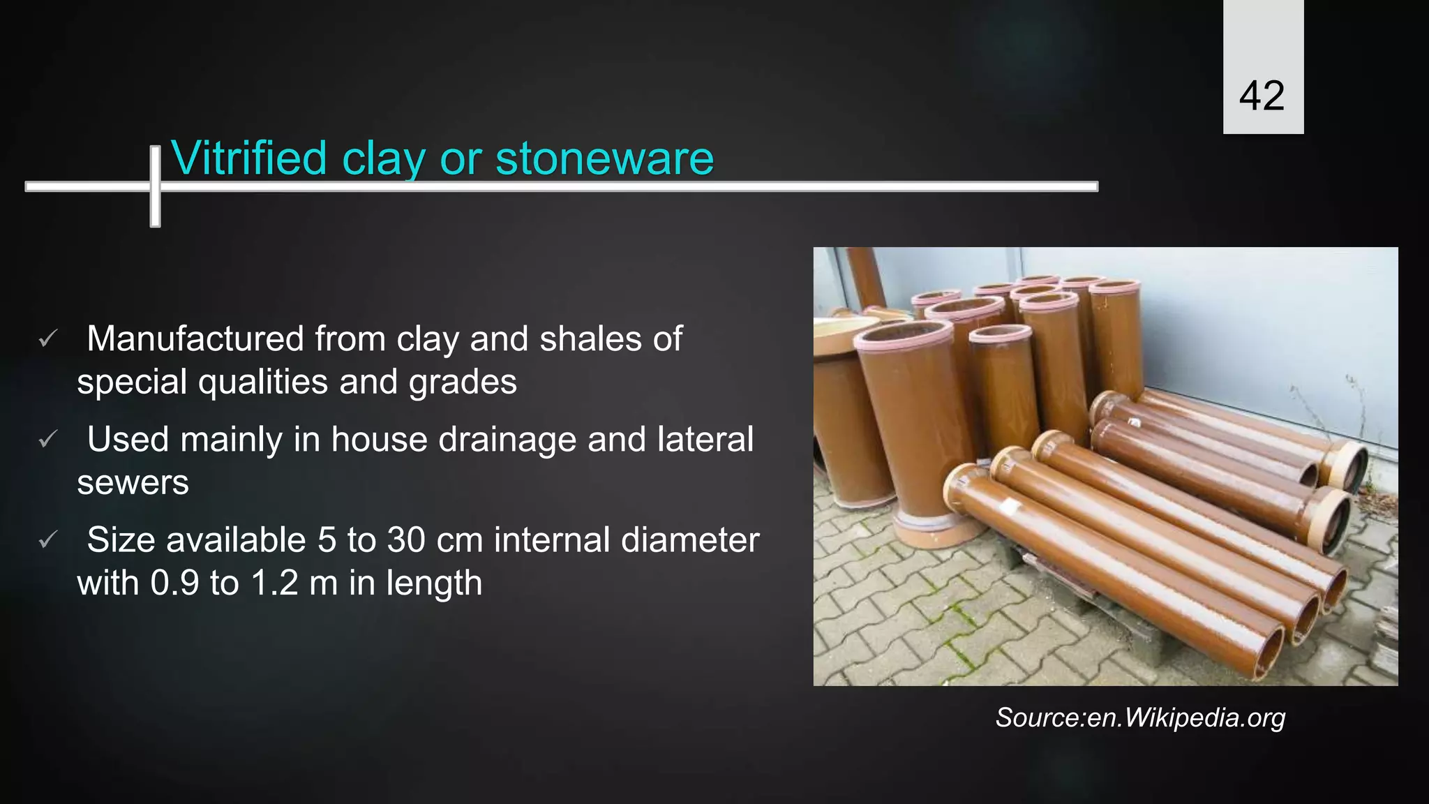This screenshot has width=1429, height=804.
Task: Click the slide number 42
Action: (1262, 96)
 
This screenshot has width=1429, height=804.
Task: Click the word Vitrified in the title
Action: (248, 158)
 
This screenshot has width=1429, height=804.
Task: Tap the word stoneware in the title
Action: (604, 158)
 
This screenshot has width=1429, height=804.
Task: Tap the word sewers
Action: (133, 483)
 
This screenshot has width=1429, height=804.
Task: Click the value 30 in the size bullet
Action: (406, 540)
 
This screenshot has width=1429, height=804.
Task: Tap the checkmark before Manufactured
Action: (47, 340)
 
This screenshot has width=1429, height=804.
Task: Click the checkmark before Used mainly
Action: (47, 440)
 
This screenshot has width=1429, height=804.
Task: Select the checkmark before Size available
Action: (47, 540)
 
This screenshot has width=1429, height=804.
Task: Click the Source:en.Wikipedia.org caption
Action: (1140, 718)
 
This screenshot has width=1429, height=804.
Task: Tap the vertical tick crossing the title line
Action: (155, 186)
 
